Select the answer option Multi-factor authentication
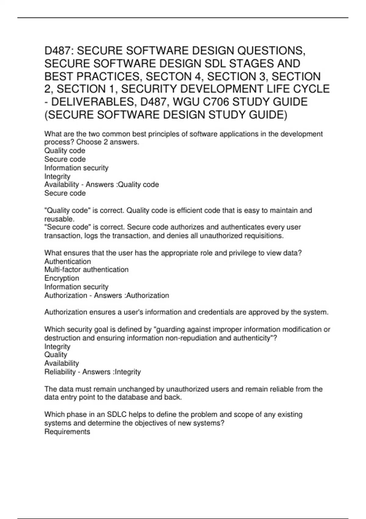(86, 270)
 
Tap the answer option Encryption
(62, 278)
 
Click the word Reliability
(60, 372)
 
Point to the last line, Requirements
(67, 432)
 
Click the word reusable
(59, 219)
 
